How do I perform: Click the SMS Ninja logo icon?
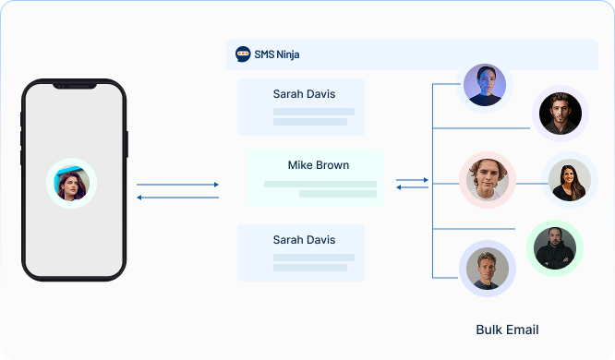(x=243, y=54)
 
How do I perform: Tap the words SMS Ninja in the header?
(x=277, y=54)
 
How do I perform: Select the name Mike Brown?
(x=319, y=165)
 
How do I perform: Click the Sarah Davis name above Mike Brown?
(x=304, y=93)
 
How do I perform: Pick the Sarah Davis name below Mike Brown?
(x=304, y=239)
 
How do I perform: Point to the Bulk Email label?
(x=507, y=330)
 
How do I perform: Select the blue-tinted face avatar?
(x=485, y=85)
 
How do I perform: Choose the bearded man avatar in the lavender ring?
(x=560, y=113)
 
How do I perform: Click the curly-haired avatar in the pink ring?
(x=486, y=178)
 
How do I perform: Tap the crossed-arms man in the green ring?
(x=555, y=246)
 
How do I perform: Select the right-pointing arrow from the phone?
(x=177, y=185)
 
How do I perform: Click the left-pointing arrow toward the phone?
(x=177, y=197)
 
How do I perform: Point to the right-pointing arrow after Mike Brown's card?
(x=412, y=179)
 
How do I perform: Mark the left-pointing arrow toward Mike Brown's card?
(x=412, y=187)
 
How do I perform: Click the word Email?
(x=523, y=330)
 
